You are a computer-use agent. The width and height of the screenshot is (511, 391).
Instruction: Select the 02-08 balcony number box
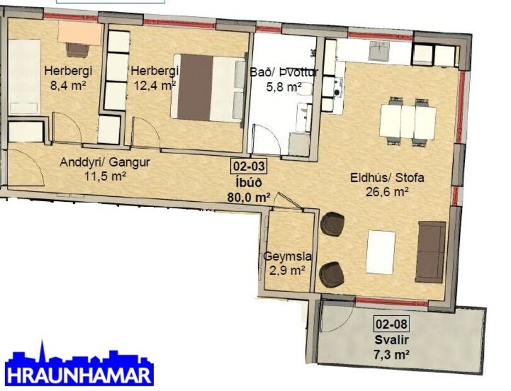[x=392, y=325]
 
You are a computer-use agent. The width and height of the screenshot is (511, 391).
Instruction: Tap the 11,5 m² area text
[x=105, y=176]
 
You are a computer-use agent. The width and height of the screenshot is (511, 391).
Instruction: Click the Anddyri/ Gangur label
[x=105, y=163]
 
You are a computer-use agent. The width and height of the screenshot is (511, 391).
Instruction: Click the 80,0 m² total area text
[x=249, y=196]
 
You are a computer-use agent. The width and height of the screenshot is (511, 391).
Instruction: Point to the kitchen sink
[x=380, y=49]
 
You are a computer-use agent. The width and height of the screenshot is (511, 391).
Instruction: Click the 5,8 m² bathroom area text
[x=285, y=87]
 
